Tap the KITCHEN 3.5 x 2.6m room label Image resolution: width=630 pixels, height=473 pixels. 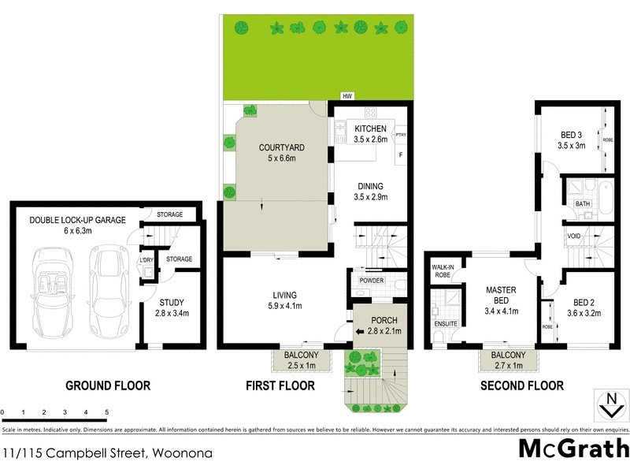(370, 133)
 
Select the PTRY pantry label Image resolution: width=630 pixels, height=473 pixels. (400, 135)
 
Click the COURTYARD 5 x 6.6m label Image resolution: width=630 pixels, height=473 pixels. (281, 153)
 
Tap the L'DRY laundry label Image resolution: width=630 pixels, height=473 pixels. (146, 260)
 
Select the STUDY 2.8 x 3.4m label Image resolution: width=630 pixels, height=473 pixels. (171, 307)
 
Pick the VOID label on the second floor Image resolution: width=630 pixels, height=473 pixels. (574, 236)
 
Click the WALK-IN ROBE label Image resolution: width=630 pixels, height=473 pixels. (441, 270)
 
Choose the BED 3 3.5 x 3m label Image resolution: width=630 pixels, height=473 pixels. (571, 140)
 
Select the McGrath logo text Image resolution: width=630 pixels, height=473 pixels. (573, 448)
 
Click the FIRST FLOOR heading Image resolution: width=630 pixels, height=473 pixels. (280, 385)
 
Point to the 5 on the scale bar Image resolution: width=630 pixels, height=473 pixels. (106, 412)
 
